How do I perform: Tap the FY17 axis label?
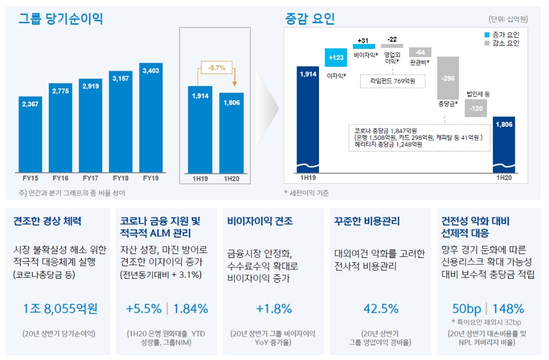tap(91, 178)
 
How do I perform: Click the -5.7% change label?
tap(215, 69)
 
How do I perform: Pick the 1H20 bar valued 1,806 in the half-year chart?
tap(231, 132)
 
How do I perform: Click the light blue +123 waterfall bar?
tap(336, 58)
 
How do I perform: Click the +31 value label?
tap(363, 40)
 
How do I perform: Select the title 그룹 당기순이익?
tap(61, 19)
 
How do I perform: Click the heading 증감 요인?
tap(310, 19)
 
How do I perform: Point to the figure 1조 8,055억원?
tap(60, 309)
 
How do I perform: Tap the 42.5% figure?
tap(380, 309)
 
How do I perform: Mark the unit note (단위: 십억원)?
tap(508, 19)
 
